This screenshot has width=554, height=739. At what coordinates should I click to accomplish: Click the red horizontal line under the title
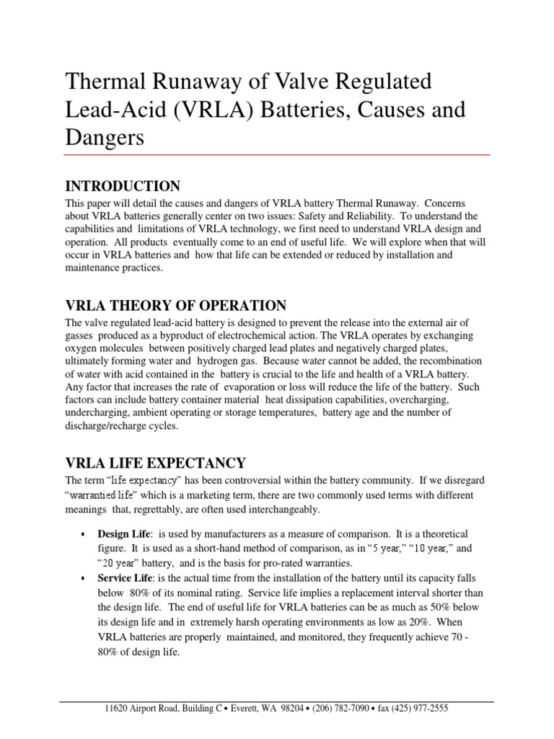coord(277,154)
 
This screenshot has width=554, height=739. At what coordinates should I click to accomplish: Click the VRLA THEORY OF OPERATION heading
coord(175,305)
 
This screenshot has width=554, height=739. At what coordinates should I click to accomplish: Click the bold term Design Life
coord(122,535)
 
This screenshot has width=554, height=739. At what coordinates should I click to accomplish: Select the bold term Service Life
coord(123,578)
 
